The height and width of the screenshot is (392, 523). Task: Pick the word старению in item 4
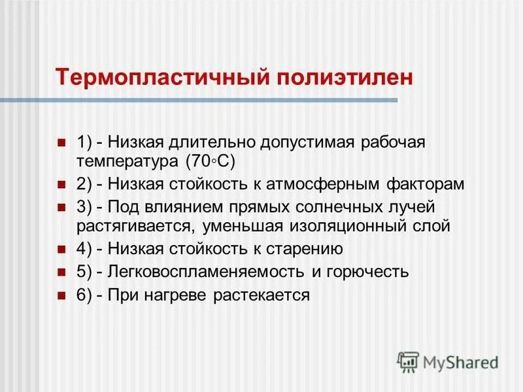[x=305, y=249]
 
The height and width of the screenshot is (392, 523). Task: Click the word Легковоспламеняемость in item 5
[x=194, y=272]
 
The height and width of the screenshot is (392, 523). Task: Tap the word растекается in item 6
[x=261, y=295]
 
